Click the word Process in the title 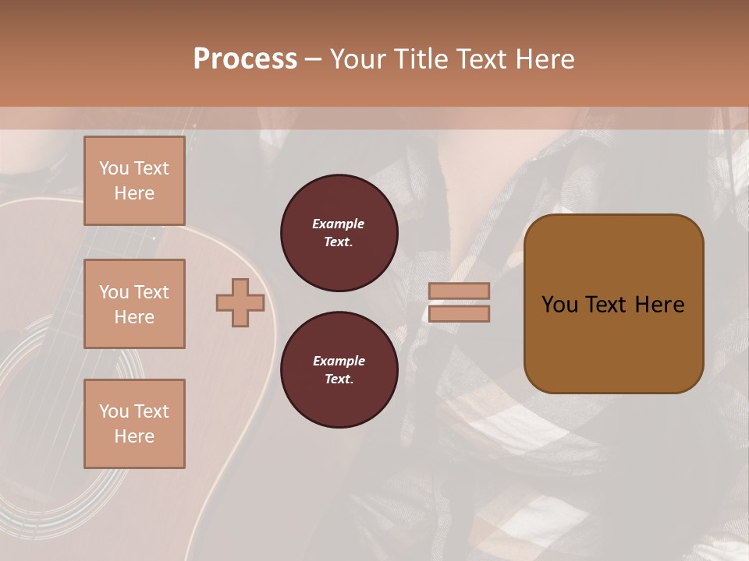[x=245, y=58]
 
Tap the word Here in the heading [x=543, y=58]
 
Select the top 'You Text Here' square [x=134, y=181]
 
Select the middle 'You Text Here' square [x=134, y=304]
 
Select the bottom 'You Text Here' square [x=134, y=424]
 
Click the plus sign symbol [x=240, y=302]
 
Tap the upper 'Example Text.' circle [x=339, y=232]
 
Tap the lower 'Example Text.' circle [x=339, y=370]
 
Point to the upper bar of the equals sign [x=459, y=291]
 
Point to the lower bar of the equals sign [x=459, y=313]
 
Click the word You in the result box [x=559, y=304]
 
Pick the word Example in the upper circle [x=339, y=224]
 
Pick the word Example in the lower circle [x=339, y=361]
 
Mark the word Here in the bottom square [x=134, y=436]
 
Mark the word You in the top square [x=114, y=168]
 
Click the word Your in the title [x=360, y=58]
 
